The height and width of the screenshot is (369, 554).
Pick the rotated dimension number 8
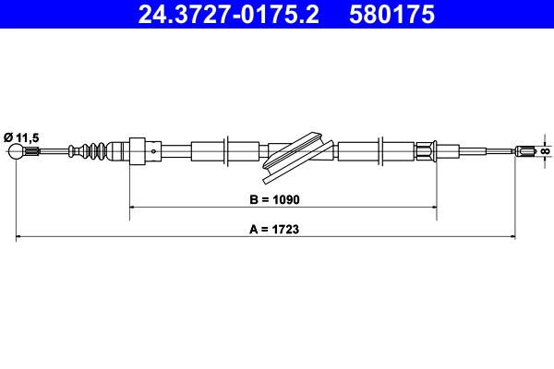(x=546, y=150)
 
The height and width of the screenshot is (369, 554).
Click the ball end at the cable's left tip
(x=17, y=151)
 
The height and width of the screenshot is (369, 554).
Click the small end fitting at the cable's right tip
(x=526, y=150)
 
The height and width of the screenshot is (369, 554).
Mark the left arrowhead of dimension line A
(x=20, y=238)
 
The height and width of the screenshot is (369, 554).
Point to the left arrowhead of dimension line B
(x=133, y=208)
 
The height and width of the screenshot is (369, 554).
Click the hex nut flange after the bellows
(x=139, y=150)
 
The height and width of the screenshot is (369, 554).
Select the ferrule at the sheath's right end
(x=426, y=150)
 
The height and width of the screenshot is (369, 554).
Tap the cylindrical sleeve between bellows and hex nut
(x=117, y=150)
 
